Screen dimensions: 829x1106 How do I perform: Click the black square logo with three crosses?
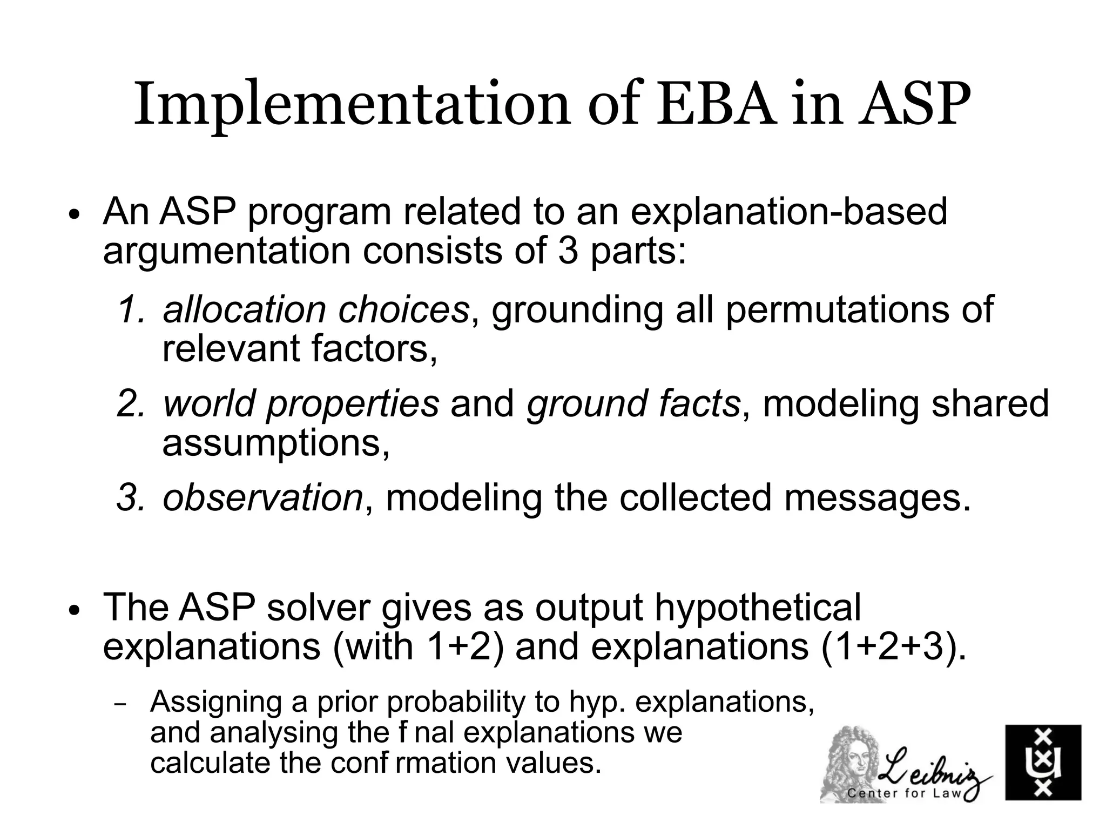[1043, 762]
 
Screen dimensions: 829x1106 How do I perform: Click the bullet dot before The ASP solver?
[74, 611]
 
